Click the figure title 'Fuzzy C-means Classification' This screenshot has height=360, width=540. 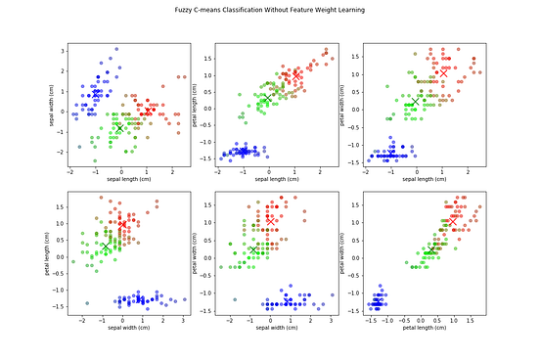point(269,17)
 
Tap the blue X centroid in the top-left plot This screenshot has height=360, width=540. point(95,91)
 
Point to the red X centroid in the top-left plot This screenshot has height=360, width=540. point(147,111)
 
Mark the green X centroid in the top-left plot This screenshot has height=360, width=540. point(119,128)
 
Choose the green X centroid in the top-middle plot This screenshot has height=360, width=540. point(265,99)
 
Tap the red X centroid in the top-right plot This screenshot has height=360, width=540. point(443,72)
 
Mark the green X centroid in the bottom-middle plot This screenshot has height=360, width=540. point(253,250)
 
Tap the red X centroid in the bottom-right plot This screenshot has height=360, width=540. point(452,222)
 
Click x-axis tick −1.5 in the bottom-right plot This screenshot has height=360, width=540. point(370,319)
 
